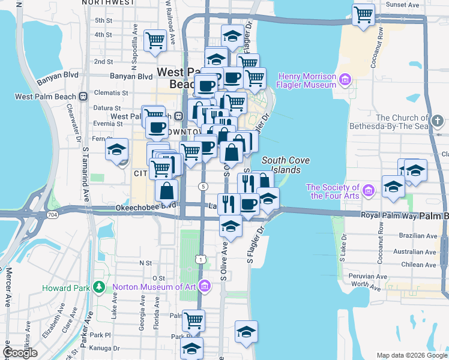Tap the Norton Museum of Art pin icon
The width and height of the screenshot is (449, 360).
coord(205,286)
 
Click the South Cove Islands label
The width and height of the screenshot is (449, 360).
coord(281,165)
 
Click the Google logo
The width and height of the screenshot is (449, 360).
coord(20,353)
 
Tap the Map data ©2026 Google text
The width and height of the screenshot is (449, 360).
coord(411,355)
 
